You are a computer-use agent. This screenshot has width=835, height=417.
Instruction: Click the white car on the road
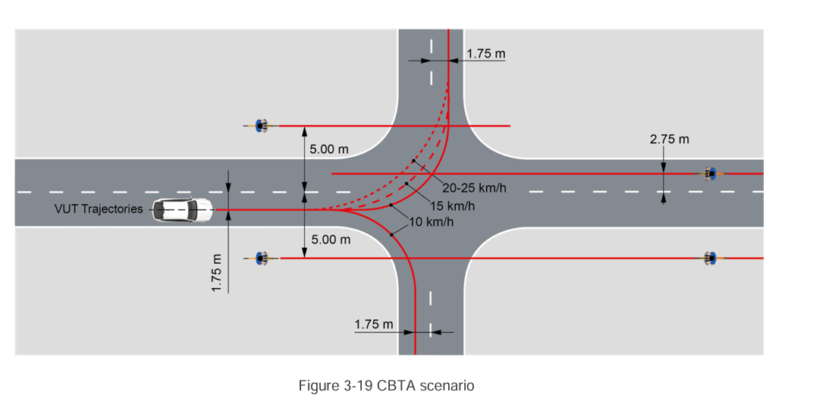click(x=183, y=210)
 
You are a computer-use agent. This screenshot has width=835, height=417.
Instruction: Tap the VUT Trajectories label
click(x=99, y=208)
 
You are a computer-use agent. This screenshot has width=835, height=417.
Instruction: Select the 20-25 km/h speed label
click(x=474, y=188)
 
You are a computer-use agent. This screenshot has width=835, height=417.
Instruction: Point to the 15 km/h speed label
click(x=453, y=205)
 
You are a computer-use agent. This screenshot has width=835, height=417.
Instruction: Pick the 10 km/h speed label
click(x=432, y=222)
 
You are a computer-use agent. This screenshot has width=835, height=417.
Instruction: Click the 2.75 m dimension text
click(x=670, y=140)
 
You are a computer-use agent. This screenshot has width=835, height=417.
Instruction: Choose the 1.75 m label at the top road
click(x=486, y=54)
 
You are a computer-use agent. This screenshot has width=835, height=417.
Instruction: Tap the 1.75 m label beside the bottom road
click(x=374, y=325)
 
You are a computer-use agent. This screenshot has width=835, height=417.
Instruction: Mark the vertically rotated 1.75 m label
click(x=217, y=273)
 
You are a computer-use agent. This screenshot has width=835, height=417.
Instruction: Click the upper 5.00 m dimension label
click(x=329, y=149)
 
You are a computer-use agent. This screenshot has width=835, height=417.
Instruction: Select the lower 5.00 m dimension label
click(x=331, y=240)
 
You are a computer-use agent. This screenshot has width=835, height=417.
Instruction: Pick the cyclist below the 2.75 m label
click(x=710, y=174)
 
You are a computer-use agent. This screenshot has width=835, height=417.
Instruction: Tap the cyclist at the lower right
click(x=710, y=259)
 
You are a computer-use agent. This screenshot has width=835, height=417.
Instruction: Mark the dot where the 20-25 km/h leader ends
click(x=413, y=161)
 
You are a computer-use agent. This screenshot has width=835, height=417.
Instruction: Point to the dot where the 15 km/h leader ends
click(x=407, y=184)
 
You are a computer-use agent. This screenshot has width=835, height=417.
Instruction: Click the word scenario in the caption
click(x=446, y=386)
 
